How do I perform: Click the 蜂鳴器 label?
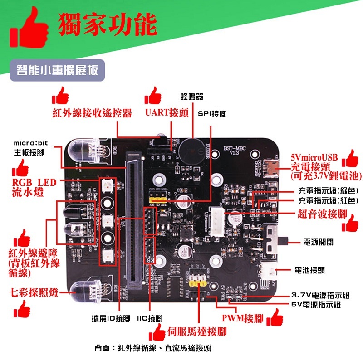coord(191,97)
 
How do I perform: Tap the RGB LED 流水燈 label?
coord(34,187)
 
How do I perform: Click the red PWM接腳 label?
coord(242,318)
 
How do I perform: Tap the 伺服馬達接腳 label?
coord(197,331)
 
